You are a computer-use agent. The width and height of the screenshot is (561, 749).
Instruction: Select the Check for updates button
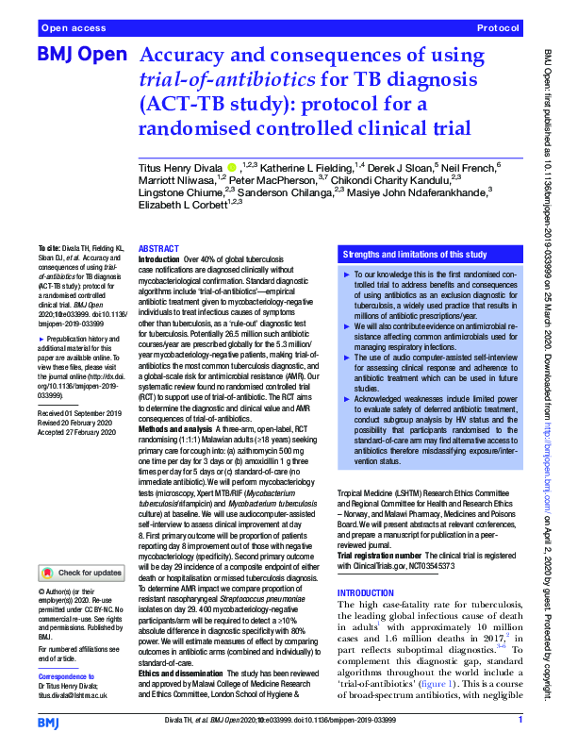(80, 572)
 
